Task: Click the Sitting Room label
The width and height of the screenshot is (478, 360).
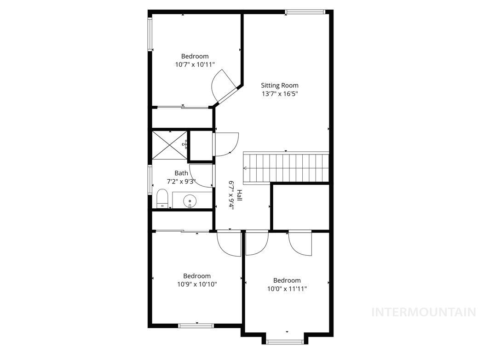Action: pos(279,86)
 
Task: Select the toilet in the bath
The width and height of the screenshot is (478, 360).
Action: pos(162,199)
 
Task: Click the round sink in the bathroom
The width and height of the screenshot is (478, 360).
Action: pos(190,201)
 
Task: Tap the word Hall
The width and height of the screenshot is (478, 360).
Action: pos(239,196)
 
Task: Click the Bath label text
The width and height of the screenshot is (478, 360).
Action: pos(181,173)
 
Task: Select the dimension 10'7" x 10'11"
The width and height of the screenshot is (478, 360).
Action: pos(195,65)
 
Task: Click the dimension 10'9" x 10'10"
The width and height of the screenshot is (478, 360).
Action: pos(197,285)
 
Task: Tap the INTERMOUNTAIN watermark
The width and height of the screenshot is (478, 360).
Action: pos(423,312)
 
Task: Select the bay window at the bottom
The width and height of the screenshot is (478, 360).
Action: pos(285,341)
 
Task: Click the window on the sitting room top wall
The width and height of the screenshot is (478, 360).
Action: pos(305,11)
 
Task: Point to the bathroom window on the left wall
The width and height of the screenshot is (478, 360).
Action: pos(150,180)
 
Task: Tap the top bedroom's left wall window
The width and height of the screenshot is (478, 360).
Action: pos(150,34)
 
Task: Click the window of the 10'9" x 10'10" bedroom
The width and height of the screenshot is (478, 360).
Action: pos(196,326)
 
